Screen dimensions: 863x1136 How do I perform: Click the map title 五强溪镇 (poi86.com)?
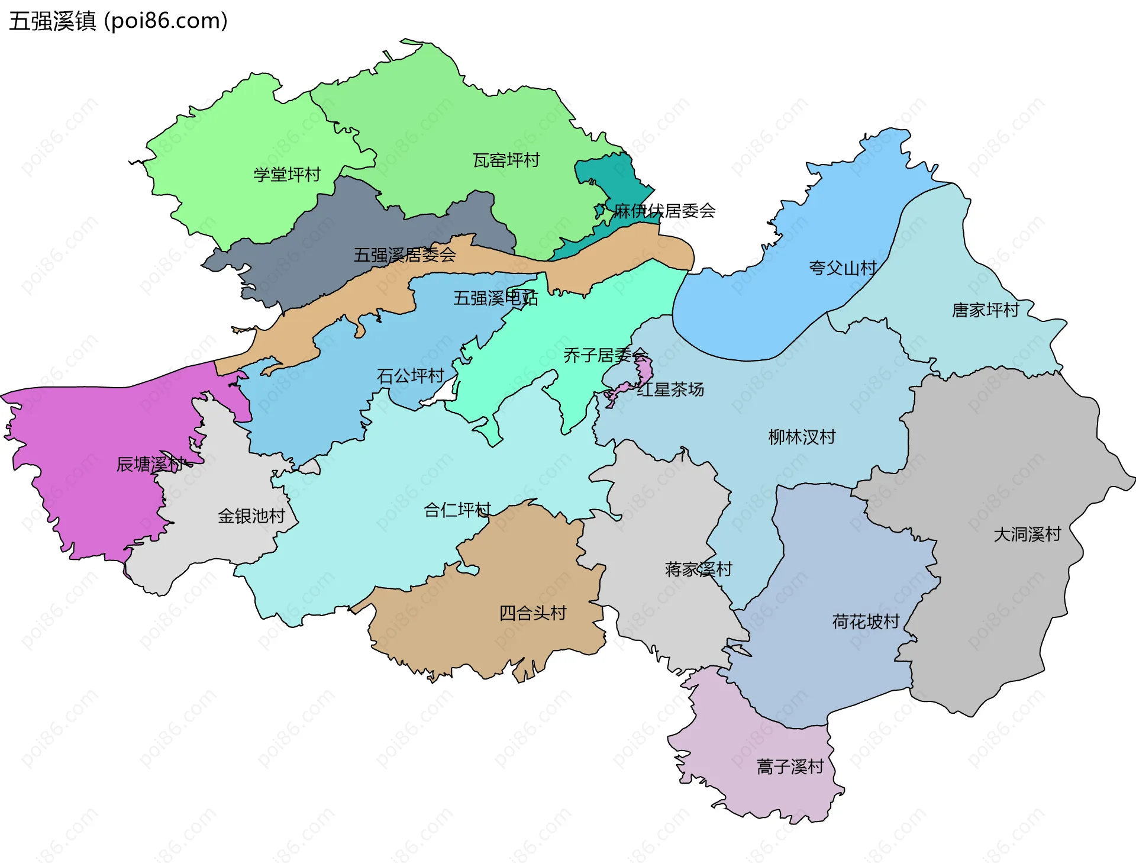pyautogui.click(x=118, y=21)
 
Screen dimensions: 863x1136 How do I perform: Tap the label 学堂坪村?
pyautogui.click(x=287, y=175)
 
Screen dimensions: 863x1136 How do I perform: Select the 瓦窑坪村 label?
pyautogui.click(x=506, y=160)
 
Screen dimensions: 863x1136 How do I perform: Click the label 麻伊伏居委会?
pyautogui.click(x=664, y=211)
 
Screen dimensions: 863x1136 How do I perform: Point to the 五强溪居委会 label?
pyautogui.click(x=405, y=255)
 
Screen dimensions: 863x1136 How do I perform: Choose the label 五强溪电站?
pyautogui.click(x=495, y=298)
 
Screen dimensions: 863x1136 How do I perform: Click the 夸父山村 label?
pyautogui.click(x=843, y=268)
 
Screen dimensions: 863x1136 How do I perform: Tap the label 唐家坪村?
pyautogui.click(x=985, y=310)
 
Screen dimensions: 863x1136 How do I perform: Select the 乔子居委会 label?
pyautogui.click(x=605, y=355)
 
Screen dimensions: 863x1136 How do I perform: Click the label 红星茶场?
pyautogui.click(x=670, y=389)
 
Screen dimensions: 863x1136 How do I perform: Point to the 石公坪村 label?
pyautogui.click(x=410, y=376)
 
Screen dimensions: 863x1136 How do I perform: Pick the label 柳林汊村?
pyautogui.click(x=802, y=437)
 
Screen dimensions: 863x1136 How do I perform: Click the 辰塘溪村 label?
pyautogui.click(x=150, y=464)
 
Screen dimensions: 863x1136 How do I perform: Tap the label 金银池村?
pyautogui.click(x=251, y=516)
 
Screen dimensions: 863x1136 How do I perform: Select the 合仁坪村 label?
pyautogui.click(x=457, y=510)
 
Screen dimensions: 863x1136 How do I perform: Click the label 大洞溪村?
pyautogui.click(x=1027, y=534)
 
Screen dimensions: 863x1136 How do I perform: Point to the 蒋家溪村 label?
pyautogui.click(x=698, y=569)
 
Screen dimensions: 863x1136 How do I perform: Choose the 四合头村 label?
pyautogui.click(x=532, y=613)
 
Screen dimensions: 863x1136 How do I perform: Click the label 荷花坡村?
pyautogui.click(x=866, y=622)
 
